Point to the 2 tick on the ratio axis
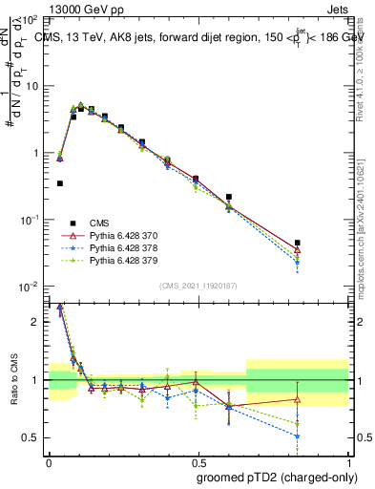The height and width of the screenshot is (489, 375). coord(38,322)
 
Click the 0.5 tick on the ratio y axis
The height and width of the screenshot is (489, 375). coord(33,437)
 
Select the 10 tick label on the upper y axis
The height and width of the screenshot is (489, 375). coord(31,86)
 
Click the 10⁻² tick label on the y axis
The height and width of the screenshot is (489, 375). coord(30,287)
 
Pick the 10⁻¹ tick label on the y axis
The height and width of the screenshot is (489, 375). coord(30,220)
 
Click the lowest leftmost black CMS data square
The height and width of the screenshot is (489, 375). coord(60,183)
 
